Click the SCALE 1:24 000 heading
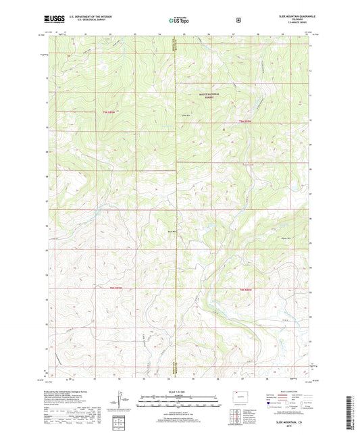(178, 393)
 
